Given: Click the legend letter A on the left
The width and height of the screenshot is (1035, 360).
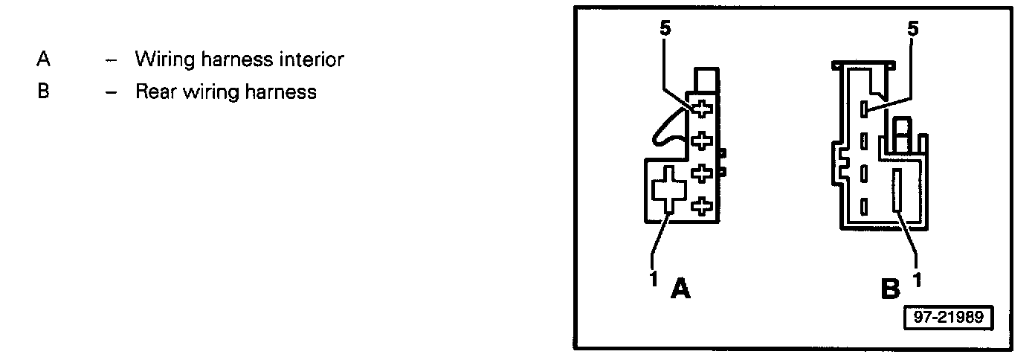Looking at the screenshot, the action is point(42,59).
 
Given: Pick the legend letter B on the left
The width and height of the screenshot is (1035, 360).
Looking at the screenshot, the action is point(42,92).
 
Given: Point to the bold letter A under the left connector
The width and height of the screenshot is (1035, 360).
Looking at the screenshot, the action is point(680,288).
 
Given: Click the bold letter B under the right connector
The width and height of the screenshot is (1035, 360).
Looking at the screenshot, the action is point(890,288).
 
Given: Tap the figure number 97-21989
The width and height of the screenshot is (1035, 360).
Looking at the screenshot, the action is point(947,317).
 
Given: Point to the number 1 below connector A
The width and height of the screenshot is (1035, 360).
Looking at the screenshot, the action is point(654,279).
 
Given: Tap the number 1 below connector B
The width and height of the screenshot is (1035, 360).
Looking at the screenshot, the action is point(917,279).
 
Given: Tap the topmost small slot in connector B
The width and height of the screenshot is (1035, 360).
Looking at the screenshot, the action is point(864,109).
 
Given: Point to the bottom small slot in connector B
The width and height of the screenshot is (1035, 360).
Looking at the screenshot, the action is point(864,206).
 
